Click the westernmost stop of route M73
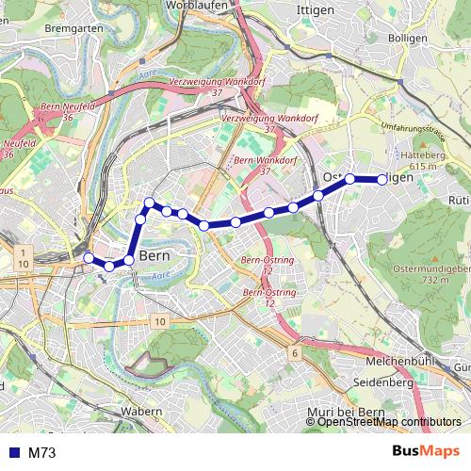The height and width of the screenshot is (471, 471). (x=89, y=258)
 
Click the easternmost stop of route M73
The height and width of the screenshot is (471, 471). (x=382, y=179)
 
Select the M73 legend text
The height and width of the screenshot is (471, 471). (x=42, y=453)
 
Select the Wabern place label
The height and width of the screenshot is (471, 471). (x=142, y=412)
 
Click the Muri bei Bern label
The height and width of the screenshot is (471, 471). (x=348, y=413)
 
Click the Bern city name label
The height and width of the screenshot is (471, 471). (x=153, y=256)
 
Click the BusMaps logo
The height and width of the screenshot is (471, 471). (x=425, y=452)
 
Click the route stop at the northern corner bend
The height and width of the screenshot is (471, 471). (x=149, y=203)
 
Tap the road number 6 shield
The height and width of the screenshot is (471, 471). (x=295, y=352)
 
